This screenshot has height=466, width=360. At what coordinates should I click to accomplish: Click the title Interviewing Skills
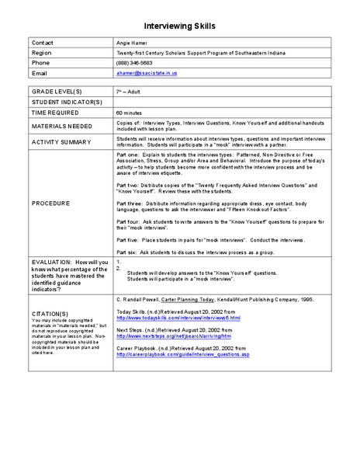pyautogui.click(x=179, y=26)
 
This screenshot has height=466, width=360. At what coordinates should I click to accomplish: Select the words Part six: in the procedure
pyautogui.click(x=127, y=254)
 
